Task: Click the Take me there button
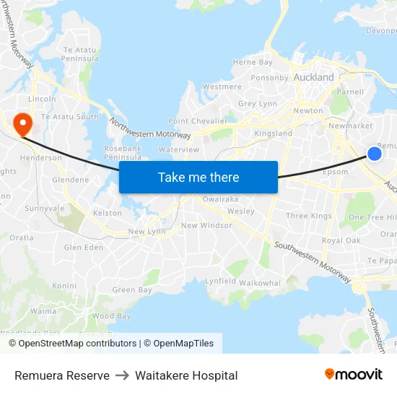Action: (198, 178)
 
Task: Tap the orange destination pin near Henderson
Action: (22, 121)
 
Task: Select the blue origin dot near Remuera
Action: (374, 153)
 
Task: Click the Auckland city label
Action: (314, 77)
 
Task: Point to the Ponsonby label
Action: (269, 78)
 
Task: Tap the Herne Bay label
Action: (253, 63)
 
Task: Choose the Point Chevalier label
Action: (197, 121)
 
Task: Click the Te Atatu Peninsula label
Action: (80, 54)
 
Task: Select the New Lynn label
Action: (147, 232)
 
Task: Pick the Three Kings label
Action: (308, 216)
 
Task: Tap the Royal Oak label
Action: (341, 240)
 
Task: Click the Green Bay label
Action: (132, 290)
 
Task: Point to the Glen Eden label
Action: (84, 247)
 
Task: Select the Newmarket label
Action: (350, 126)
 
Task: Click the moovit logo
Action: (353, 375)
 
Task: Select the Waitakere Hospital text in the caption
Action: (186, 375)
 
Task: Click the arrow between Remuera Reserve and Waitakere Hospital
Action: (122, 375)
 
